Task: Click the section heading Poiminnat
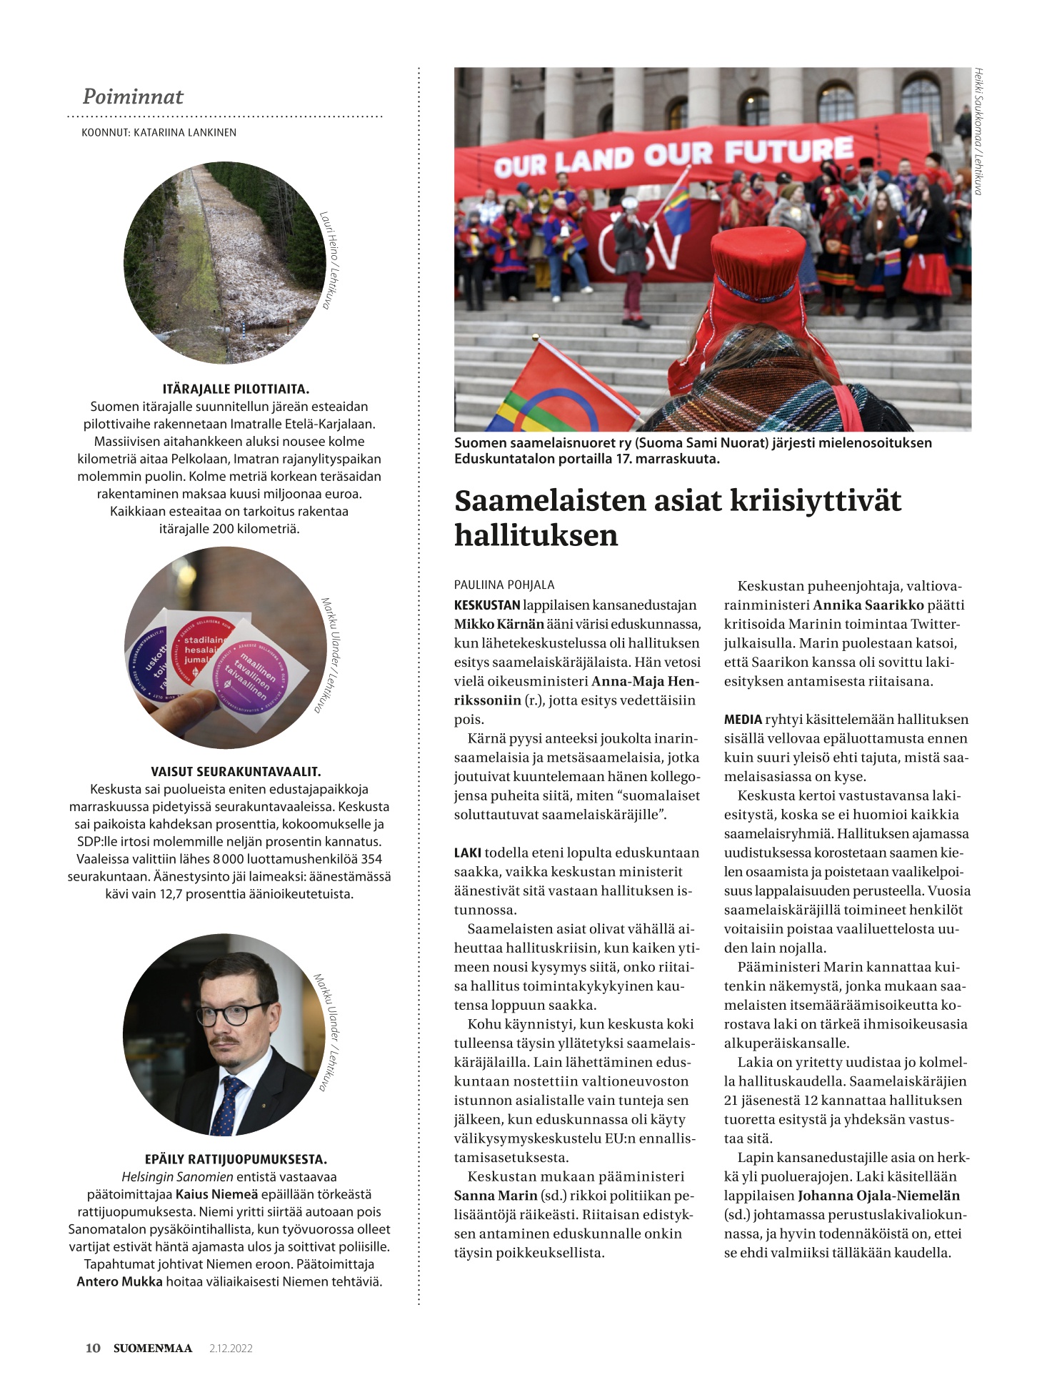click(x=133, y=96)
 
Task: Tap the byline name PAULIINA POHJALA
click(x=504, y=585)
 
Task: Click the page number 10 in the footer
click(x=93, y=1348)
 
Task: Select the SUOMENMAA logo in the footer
click(x=153, y=1348)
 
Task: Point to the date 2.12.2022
click(x=231, y=1349)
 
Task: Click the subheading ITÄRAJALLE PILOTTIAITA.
click(x=236, y=389)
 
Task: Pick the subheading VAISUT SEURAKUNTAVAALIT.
click(x=236, y=772)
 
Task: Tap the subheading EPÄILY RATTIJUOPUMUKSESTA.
click(x=236, y=1159)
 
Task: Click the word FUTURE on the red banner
click(x=788, y=151)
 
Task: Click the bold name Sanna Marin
click(x=496, y=1196)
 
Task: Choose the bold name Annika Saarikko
click(x=868, y=605)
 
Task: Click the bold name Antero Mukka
click(x=119, y=1281)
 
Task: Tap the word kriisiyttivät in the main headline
click(x=816, y=500)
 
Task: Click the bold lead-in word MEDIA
click(x=743, y=720)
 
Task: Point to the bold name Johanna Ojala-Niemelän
click(x=878, y=1196)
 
